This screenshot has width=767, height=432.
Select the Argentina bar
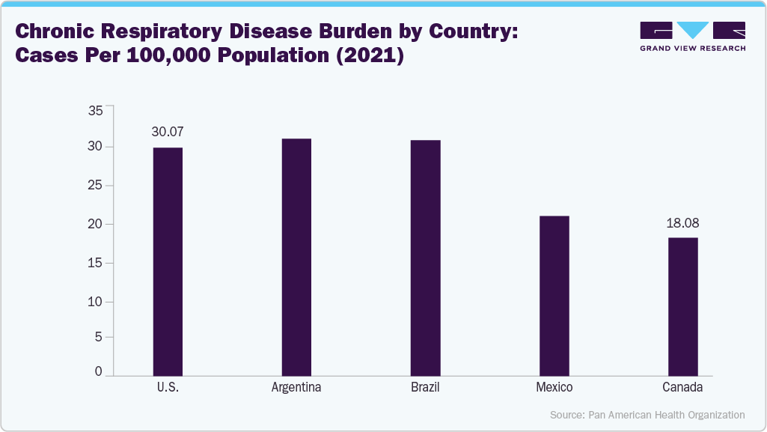pos(296,256)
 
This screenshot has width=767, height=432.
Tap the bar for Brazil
pos(425,257)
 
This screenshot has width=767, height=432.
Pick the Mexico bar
pos(554,295)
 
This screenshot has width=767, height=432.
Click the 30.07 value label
pos(167,132)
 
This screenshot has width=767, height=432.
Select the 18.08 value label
pos(682,222)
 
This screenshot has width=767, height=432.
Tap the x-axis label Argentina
pos(296,388)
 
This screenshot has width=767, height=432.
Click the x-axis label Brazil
pos(425,388)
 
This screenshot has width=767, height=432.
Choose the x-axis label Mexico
pos(554,388)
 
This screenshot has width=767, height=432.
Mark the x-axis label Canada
pos(682,388)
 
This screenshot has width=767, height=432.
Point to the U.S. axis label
pos(167,388)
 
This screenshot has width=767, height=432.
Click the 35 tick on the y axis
pos(95,111)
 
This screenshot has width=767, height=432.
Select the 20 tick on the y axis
pos(95,224)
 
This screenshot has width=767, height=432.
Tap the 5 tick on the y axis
pos(98,336)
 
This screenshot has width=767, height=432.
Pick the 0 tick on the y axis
pos(98,371)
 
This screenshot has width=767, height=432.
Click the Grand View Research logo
pos(692,36)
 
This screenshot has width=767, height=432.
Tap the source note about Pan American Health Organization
pos(647,414)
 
